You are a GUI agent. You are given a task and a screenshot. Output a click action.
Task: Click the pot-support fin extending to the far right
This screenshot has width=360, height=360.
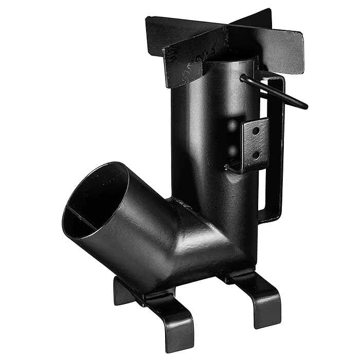280,49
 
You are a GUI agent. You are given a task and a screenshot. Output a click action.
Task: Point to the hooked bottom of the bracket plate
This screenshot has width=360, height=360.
231,167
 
